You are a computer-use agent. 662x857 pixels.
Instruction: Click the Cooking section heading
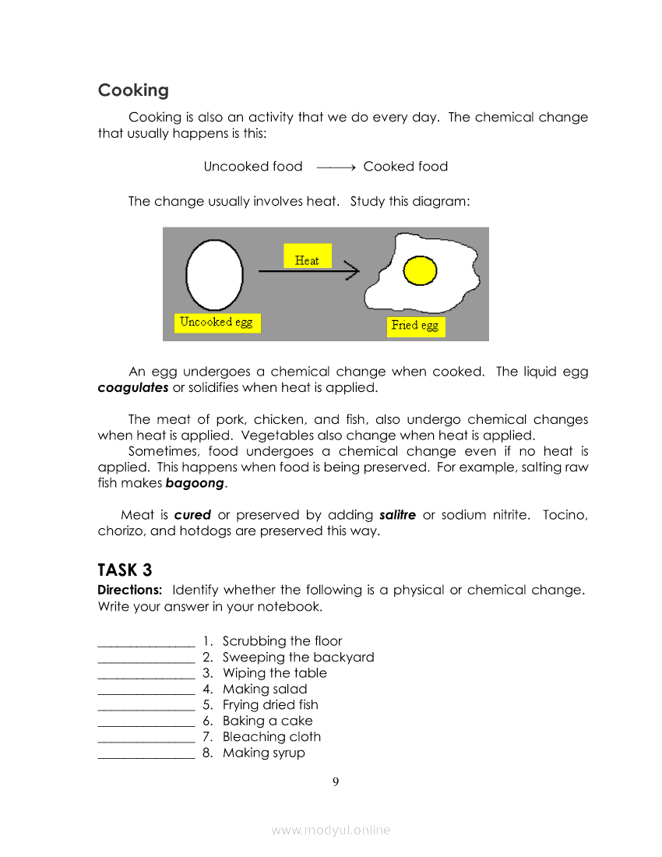point(133,90)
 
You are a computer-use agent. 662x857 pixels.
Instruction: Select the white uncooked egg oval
point(213,273)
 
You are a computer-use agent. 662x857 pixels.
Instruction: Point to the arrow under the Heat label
point(308,271)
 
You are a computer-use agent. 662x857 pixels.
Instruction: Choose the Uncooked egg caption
point(217,323)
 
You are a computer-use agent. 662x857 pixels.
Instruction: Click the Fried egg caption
point(415,326)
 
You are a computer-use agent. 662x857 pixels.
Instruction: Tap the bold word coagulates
point(133,388)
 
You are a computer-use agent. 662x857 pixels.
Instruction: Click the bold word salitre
point(397,515)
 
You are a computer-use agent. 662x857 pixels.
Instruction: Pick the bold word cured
point(192,515)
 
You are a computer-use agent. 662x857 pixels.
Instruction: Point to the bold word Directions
point(129,590)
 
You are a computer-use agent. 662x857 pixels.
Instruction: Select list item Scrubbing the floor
point(282,641)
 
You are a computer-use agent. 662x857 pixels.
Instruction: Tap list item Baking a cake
point(267,721)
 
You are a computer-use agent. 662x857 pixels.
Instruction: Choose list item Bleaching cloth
point(271,737)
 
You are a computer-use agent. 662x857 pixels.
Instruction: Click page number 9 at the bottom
point(336,781)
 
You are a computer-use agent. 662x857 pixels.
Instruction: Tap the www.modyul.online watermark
point(331,831)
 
